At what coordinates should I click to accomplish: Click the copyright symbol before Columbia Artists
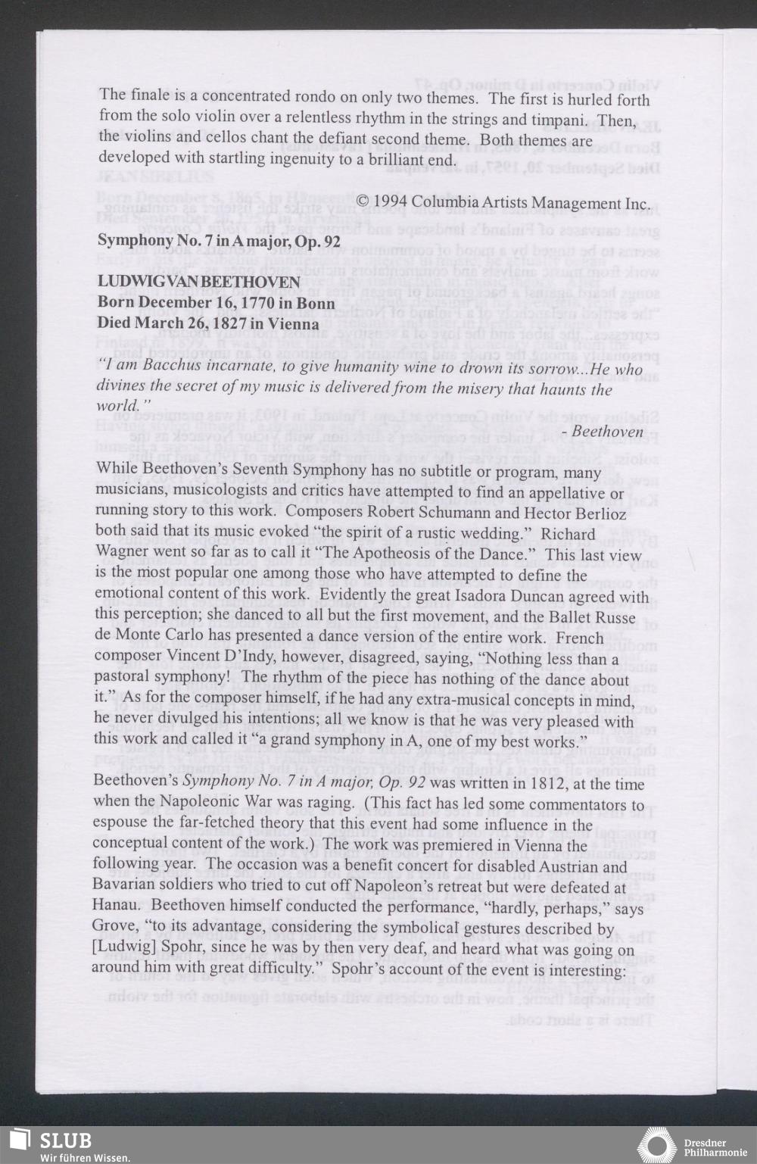pos(363,202)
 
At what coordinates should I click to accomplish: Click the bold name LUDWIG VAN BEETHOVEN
pos(199,282)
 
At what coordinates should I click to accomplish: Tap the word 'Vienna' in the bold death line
pos(294,323)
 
